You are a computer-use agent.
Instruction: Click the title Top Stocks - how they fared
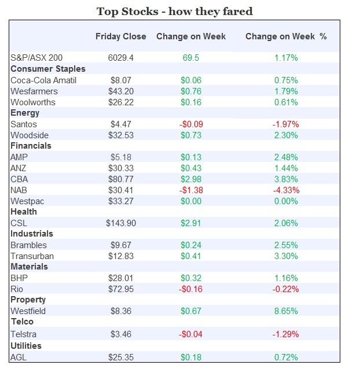[174, 11]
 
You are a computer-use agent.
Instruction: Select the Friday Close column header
[121, 36]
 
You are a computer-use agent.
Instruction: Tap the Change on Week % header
[286, 36]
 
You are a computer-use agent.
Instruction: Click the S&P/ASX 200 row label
[36, 58]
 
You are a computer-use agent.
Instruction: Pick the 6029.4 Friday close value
[121, 58]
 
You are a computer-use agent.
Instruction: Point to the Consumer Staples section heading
[48, 69]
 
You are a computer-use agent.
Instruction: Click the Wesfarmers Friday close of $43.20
[121, 91]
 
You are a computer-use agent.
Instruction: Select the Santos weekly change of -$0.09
[191, 124]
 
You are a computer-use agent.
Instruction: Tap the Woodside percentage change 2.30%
[286, 135]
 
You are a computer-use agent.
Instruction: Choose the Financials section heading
[31, 146]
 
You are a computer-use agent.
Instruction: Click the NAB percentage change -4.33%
[286, 190]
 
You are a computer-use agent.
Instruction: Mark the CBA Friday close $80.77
[121, 179]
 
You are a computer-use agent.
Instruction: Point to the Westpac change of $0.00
[191, 201]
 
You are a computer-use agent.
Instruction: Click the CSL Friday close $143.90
[121, 223]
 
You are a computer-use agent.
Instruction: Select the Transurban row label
[32, 256]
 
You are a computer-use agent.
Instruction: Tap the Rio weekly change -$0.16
[191, 289]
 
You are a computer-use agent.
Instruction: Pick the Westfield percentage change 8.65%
[286, 311]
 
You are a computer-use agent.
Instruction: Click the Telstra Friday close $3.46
[121, 334]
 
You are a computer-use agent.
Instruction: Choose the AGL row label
[19, 357]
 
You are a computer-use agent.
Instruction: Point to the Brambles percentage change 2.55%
[286, 245]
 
